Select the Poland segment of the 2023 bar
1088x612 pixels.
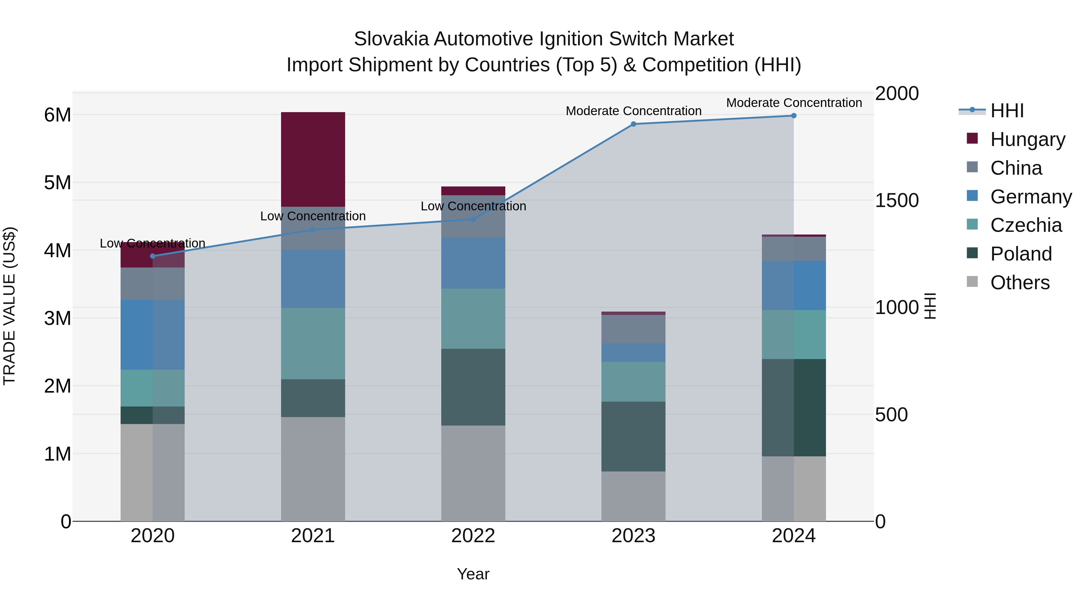point(633,436)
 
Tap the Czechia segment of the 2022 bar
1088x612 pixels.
point(473,319)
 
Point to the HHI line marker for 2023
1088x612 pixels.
point(633,124)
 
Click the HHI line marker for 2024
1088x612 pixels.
point(794,116)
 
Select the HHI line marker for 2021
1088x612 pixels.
point(313,230)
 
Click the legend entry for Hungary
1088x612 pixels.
point(1027,139)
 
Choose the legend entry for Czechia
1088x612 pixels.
point(1025,225)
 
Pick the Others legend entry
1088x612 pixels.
point(1020,283)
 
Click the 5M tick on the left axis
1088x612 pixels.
point(57,183)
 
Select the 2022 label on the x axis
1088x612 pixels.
point(473,536)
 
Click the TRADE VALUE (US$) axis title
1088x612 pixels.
point(9,306)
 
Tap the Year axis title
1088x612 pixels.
point(473,574)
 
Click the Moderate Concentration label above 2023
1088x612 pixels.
point(633,111)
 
